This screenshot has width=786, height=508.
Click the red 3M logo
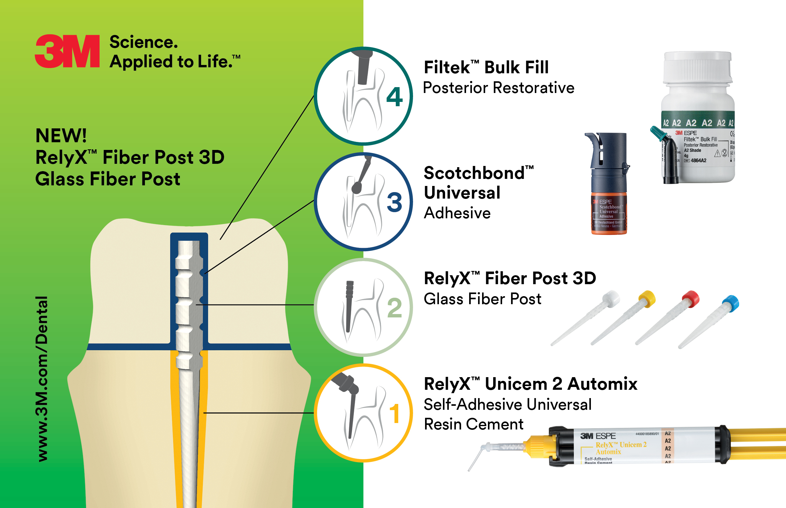click(x=67, y=51)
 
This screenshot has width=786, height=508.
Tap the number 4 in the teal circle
click(x=394, y=97)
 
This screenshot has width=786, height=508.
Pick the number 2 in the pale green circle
click(x=394, y=308)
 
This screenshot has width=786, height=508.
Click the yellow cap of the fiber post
click(x=647, y=298)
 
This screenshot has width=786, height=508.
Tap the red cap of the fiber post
click(x=691, y=299)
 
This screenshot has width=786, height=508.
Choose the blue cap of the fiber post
click(x=731, y=303)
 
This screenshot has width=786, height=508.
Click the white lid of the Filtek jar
click(x=698, y=68)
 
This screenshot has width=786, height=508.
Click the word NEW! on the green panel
click(x=61, y=135)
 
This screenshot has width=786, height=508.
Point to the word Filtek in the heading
click(x=447, y=68)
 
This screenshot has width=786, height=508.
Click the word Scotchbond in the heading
click(x=474, y=173)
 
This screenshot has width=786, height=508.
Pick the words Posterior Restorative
click(x=498, y=88)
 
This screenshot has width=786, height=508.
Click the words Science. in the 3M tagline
click(x=144, y=42)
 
